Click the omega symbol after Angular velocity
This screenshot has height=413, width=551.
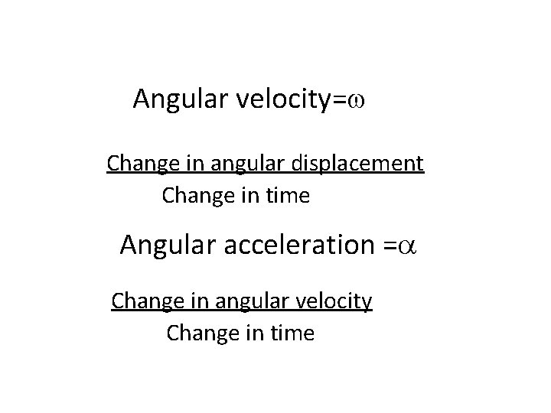point(359,100)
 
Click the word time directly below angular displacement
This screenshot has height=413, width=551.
point(289,197)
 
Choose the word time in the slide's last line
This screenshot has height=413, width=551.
point(293,334)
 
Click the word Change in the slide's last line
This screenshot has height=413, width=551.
point(197,334)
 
